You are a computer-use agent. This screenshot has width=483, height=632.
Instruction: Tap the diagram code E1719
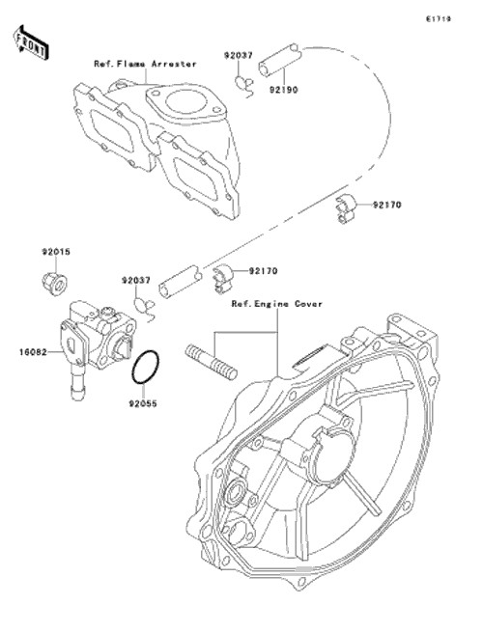[x=439, y=18]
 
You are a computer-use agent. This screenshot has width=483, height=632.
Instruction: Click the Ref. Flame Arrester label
[x=145, y=64]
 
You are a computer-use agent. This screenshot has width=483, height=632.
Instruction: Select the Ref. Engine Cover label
[x=277, y=304]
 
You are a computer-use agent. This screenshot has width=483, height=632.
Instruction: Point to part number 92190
[x=283, y=90]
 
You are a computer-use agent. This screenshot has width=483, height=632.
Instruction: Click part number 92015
[x=56, y=252]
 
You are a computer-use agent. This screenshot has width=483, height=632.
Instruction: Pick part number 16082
[x=33, y=352]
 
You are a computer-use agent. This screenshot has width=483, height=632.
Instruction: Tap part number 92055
[x=143, y=403]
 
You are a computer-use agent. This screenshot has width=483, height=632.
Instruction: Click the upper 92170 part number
[x=387, y=205]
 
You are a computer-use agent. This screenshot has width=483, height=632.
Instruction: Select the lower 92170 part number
[x=263, y=271]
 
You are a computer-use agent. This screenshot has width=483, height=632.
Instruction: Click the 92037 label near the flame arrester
[x=239, y=55]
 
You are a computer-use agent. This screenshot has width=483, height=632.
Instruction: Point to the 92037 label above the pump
[x=136, y=280]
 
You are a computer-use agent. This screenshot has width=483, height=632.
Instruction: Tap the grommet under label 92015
[x=54, y=284]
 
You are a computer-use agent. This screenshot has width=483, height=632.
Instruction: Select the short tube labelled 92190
[x=280, y=60]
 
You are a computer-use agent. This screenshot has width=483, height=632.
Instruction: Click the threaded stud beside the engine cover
[x=211, y=362]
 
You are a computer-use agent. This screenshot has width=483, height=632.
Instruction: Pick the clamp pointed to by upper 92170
[x=344, y=208]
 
